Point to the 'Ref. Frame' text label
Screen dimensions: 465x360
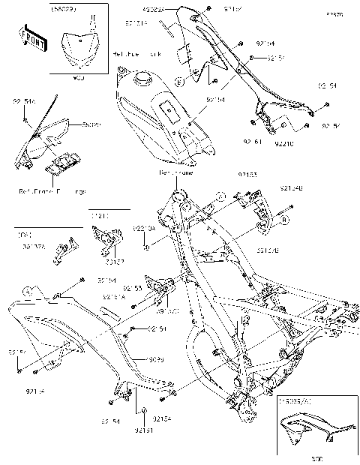177,172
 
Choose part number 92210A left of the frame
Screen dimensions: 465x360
144,228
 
